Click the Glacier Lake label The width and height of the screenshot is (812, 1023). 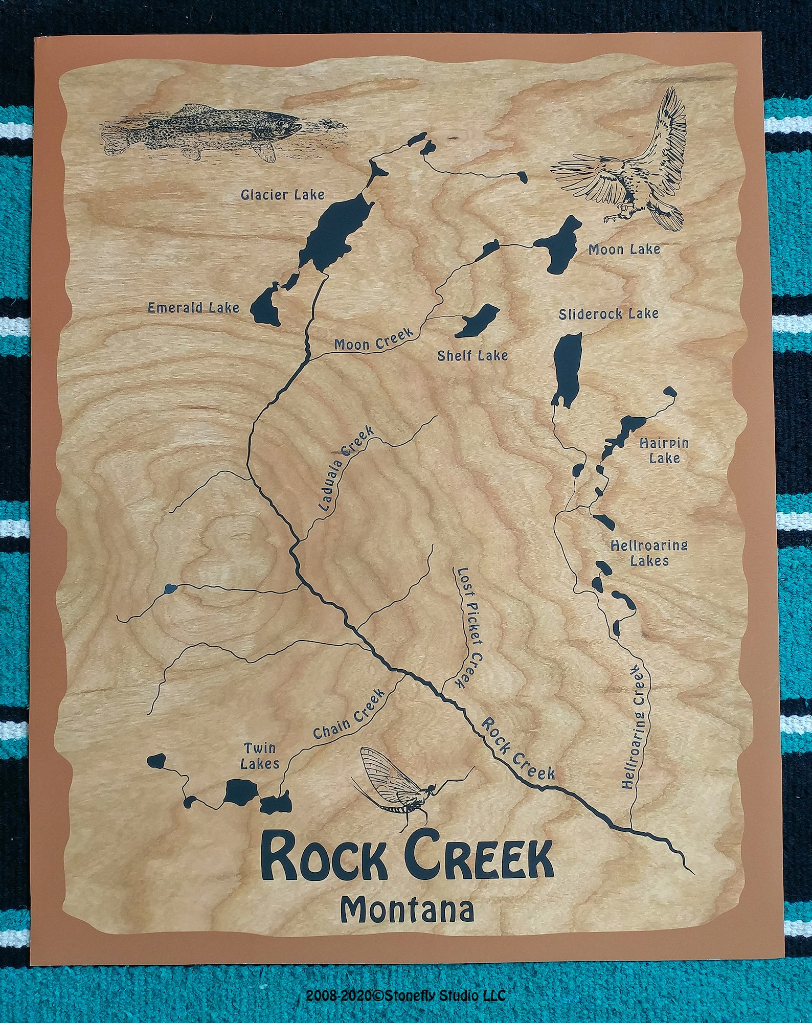(283, 195)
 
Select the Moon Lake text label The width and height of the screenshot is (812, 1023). (624, 249)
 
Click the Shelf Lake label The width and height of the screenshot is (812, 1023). (472, 355)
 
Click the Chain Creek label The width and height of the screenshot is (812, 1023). (349, 715)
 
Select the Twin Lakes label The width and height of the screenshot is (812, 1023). (260, 756)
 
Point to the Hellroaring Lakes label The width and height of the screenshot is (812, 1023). (649, 553)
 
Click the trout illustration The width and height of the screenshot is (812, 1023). (205, 131)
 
